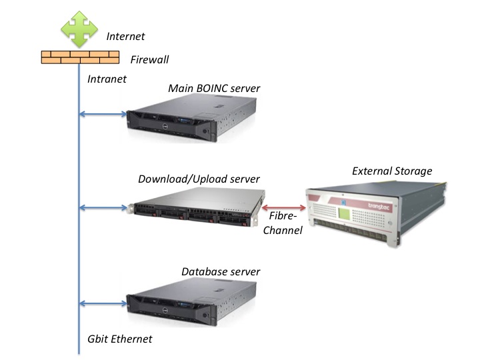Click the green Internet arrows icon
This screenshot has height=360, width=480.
click(x=79, y=28)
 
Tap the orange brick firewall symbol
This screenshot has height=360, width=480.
click(x=79, y=57)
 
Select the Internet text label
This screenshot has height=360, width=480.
click(x=126, y=37)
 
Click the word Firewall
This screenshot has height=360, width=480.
click(x=149, y=60)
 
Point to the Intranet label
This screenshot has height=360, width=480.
click(x=107, y=79)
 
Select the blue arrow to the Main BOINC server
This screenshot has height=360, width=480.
click(x=103, y=114)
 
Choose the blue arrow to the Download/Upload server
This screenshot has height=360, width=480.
click(x=103, y=208)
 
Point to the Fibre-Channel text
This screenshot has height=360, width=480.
click(x=285, y=223)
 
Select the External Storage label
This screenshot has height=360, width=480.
click(x=392, y=171)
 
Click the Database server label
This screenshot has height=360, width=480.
click(x=221, y=272)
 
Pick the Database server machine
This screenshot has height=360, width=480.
click(x=191, y=302)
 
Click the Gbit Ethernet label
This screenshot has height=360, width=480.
click(x=120, y=339)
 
